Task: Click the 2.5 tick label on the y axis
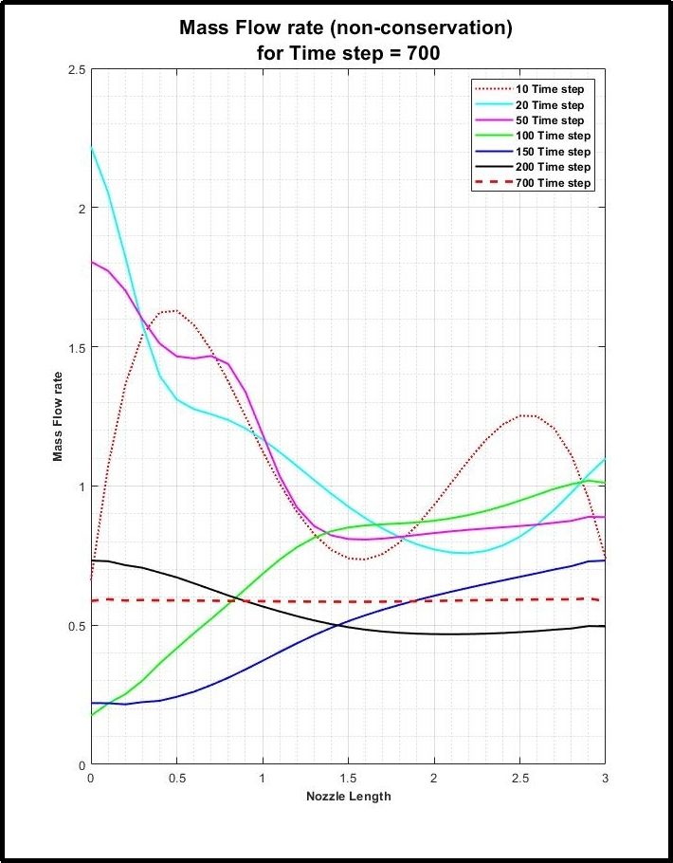click(x=75, y=70)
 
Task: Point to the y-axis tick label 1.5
click(x=75, y=348)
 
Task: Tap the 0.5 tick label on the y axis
click(x=75, y=626)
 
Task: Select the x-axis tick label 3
click(x=605, y=778)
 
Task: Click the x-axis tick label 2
click(x=434, y=778)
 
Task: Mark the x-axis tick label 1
click(x=263, y=778)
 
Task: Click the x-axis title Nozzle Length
click(x=348, y=796)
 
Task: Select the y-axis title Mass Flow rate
click(x=58, y=417)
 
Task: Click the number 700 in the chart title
click(x=421, y=53)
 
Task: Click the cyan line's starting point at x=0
click(x=91, y=147)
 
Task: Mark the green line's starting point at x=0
click(x=91, y=715)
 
